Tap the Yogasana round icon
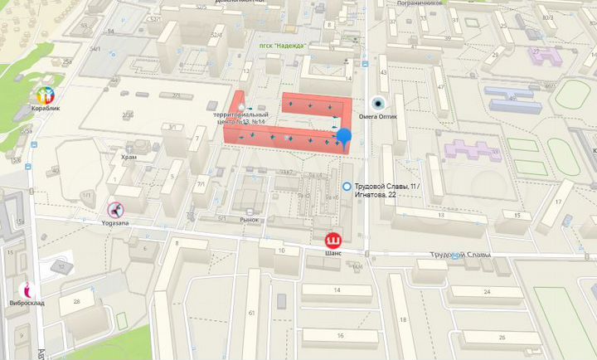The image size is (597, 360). pyautogui.click(x=114, y=208)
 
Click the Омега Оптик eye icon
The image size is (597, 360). pyautogui.click(x=379, y=104)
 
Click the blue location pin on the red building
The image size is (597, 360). pyautogui.click(x=343, y=138)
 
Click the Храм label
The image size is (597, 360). pyautogui.click(x=129, y=156)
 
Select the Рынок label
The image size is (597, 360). pyautogui.click(x=250, y=220)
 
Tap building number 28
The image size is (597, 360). pyautogui.click(x=75, y=300)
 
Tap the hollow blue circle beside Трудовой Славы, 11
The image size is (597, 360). pyautogui.click(x=346, y=187)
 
